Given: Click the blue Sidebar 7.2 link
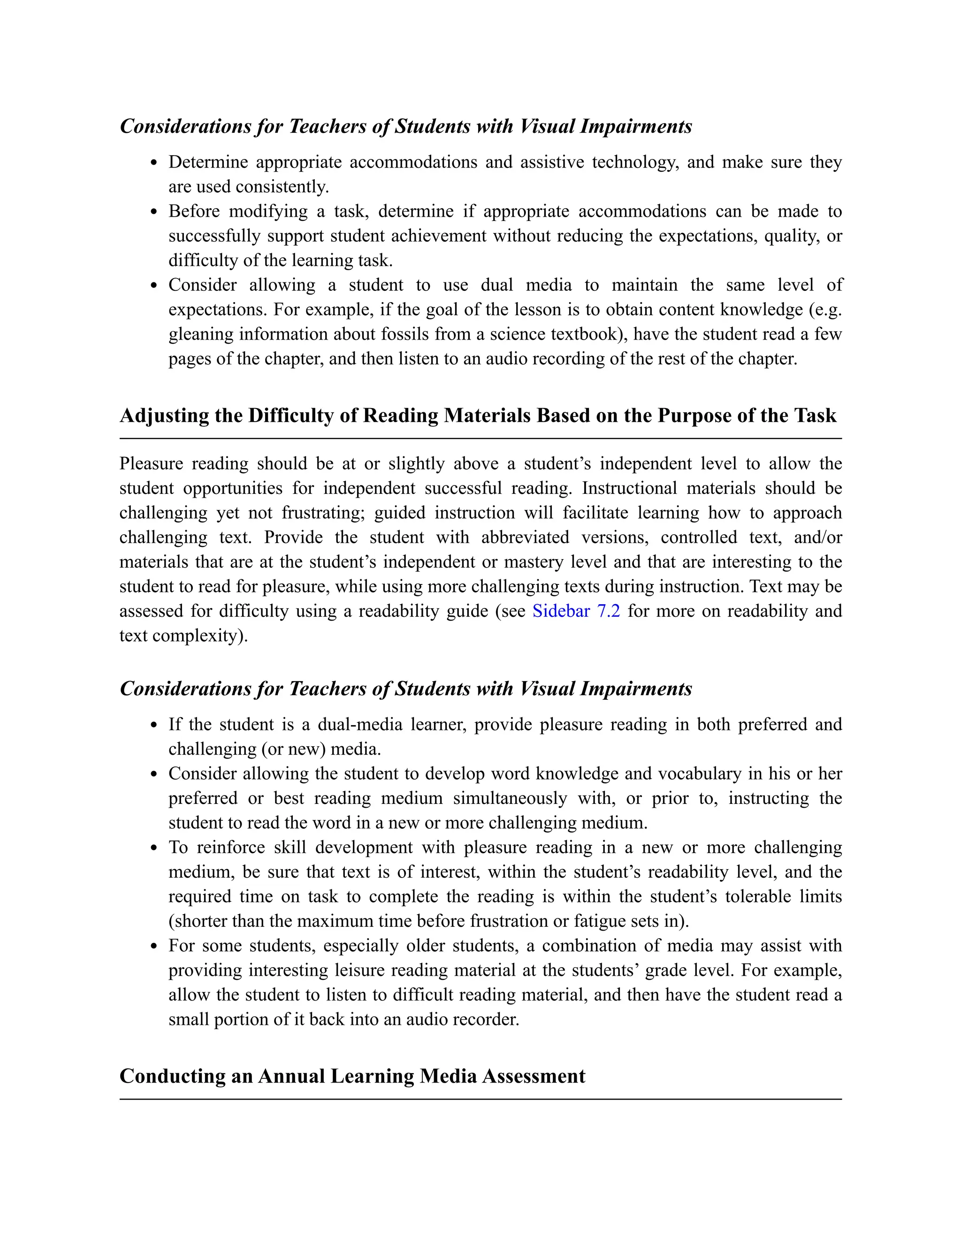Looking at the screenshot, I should tap(576, 611).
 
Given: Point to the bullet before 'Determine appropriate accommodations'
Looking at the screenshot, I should tap(154, 163).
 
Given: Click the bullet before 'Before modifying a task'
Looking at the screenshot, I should tap(154, 212).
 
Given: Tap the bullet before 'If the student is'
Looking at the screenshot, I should tap(154, 725).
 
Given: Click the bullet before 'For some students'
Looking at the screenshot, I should tap(154, 947).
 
